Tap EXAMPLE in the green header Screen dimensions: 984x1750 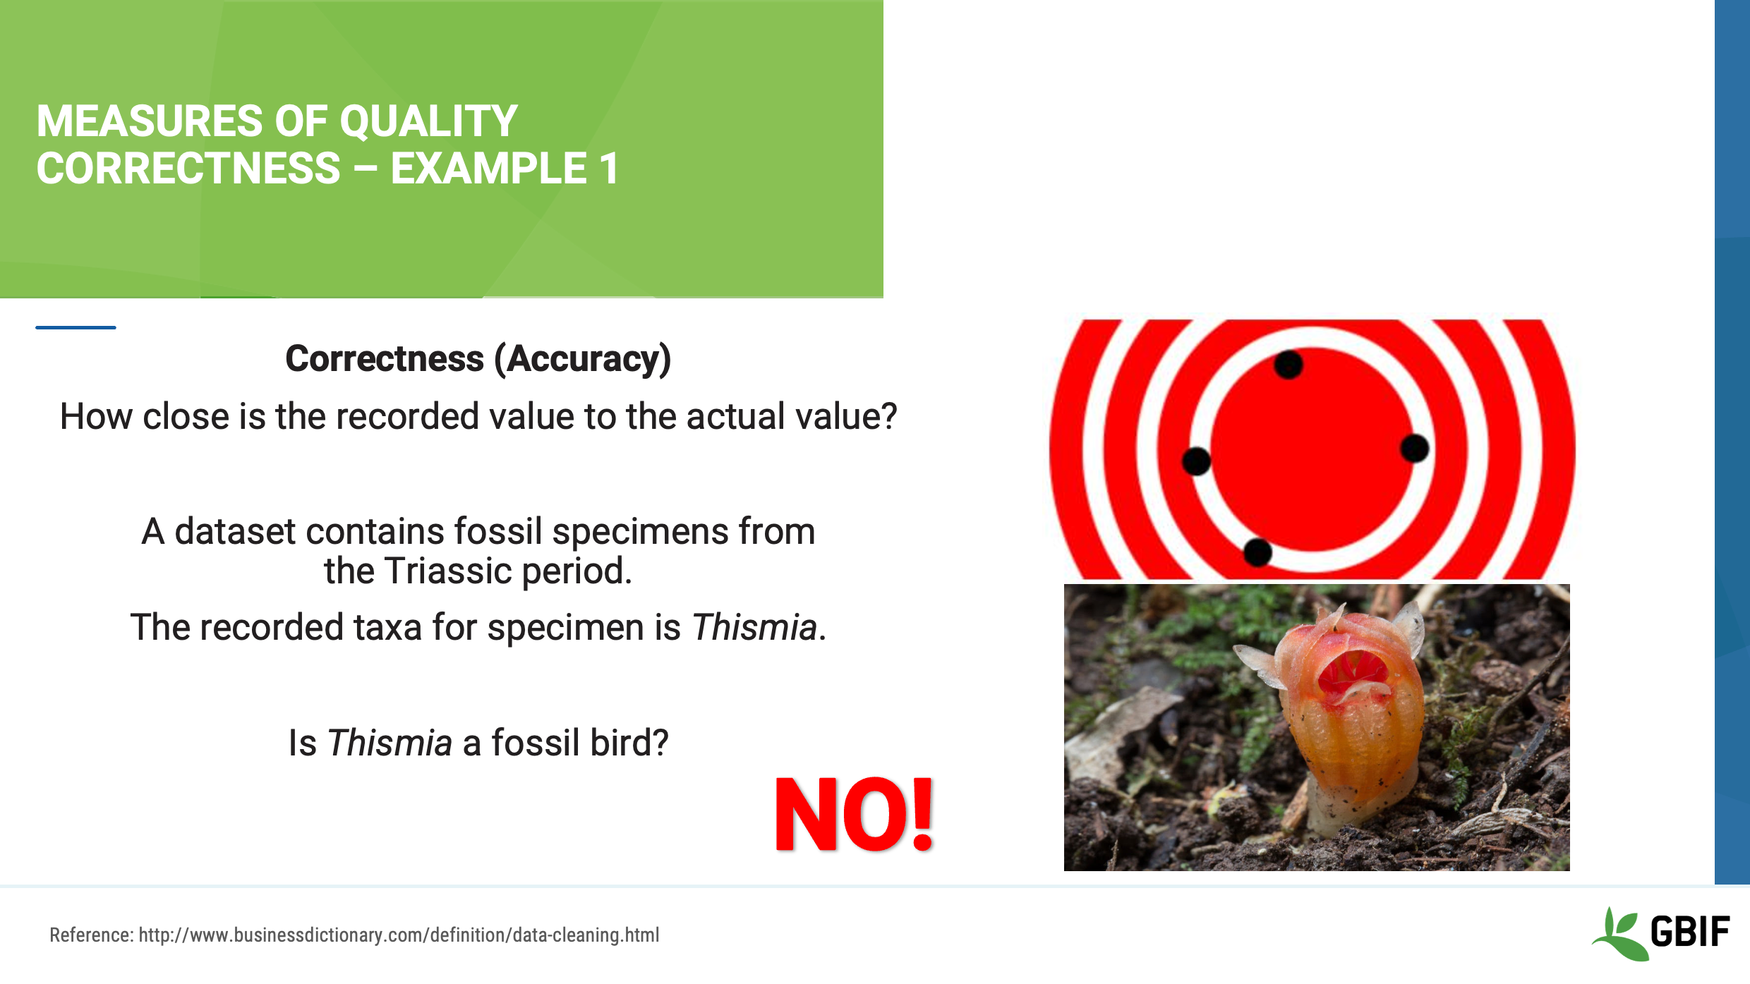click(489, 169)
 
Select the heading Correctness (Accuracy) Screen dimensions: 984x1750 click(478, 359)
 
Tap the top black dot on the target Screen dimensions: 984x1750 click(1289, 365)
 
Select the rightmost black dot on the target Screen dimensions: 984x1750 click(1414, 448)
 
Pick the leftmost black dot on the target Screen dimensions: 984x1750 click(1196, 461)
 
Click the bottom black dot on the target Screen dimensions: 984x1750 click(1257, 552)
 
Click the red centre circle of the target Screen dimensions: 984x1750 click(1312, 451)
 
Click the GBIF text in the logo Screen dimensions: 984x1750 click(1690, 932)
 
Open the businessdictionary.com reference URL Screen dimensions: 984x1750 click(399, 935)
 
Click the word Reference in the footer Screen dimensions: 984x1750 click(90, 935)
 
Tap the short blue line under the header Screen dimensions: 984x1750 click(76, 327)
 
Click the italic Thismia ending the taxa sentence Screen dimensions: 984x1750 click(754, 628)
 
